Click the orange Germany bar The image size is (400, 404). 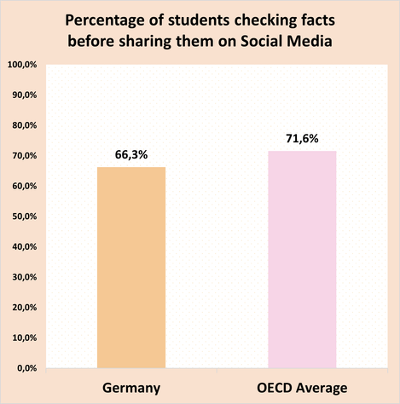[131, 268]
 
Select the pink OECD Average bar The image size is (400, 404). [302, 259]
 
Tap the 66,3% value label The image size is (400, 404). [131, 155]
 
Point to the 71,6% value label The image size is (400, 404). [302, 139]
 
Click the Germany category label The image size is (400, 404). [131, 388]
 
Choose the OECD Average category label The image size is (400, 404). [302, 388]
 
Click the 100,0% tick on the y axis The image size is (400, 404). [20, 65]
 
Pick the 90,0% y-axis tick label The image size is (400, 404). [22, 95]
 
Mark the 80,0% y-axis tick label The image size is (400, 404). [22, 126]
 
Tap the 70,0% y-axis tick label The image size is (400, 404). [22, 156]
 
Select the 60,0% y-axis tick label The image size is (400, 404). [22, 187]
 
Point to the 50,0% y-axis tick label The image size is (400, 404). [22, 216]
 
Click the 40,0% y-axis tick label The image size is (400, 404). [22, 247]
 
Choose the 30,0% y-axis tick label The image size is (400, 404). [22, 277]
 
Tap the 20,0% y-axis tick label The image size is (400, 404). [22, 308]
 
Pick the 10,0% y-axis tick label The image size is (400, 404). [22, 338]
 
